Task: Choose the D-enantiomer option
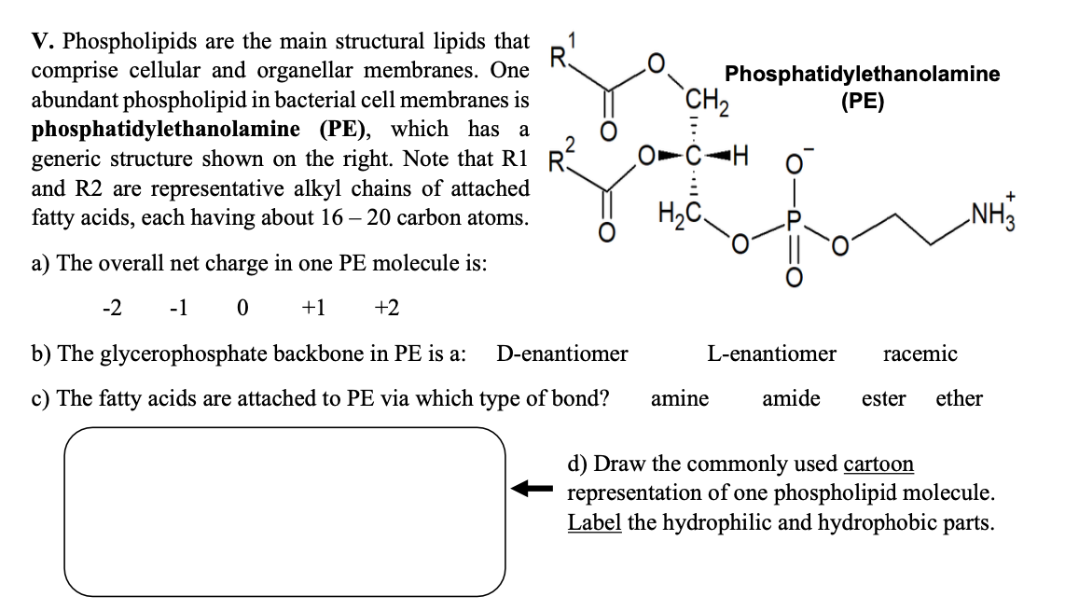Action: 561,354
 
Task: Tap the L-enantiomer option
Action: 771,354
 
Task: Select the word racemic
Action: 919,354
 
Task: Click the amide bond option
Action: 791,399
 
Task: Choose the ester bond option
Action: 883,399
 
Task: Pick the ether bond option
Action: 959,399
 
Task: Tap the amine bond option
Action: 679,399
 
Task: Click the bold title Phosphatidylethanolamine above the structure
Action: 862,74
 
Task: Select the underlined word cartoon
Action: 878,464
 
